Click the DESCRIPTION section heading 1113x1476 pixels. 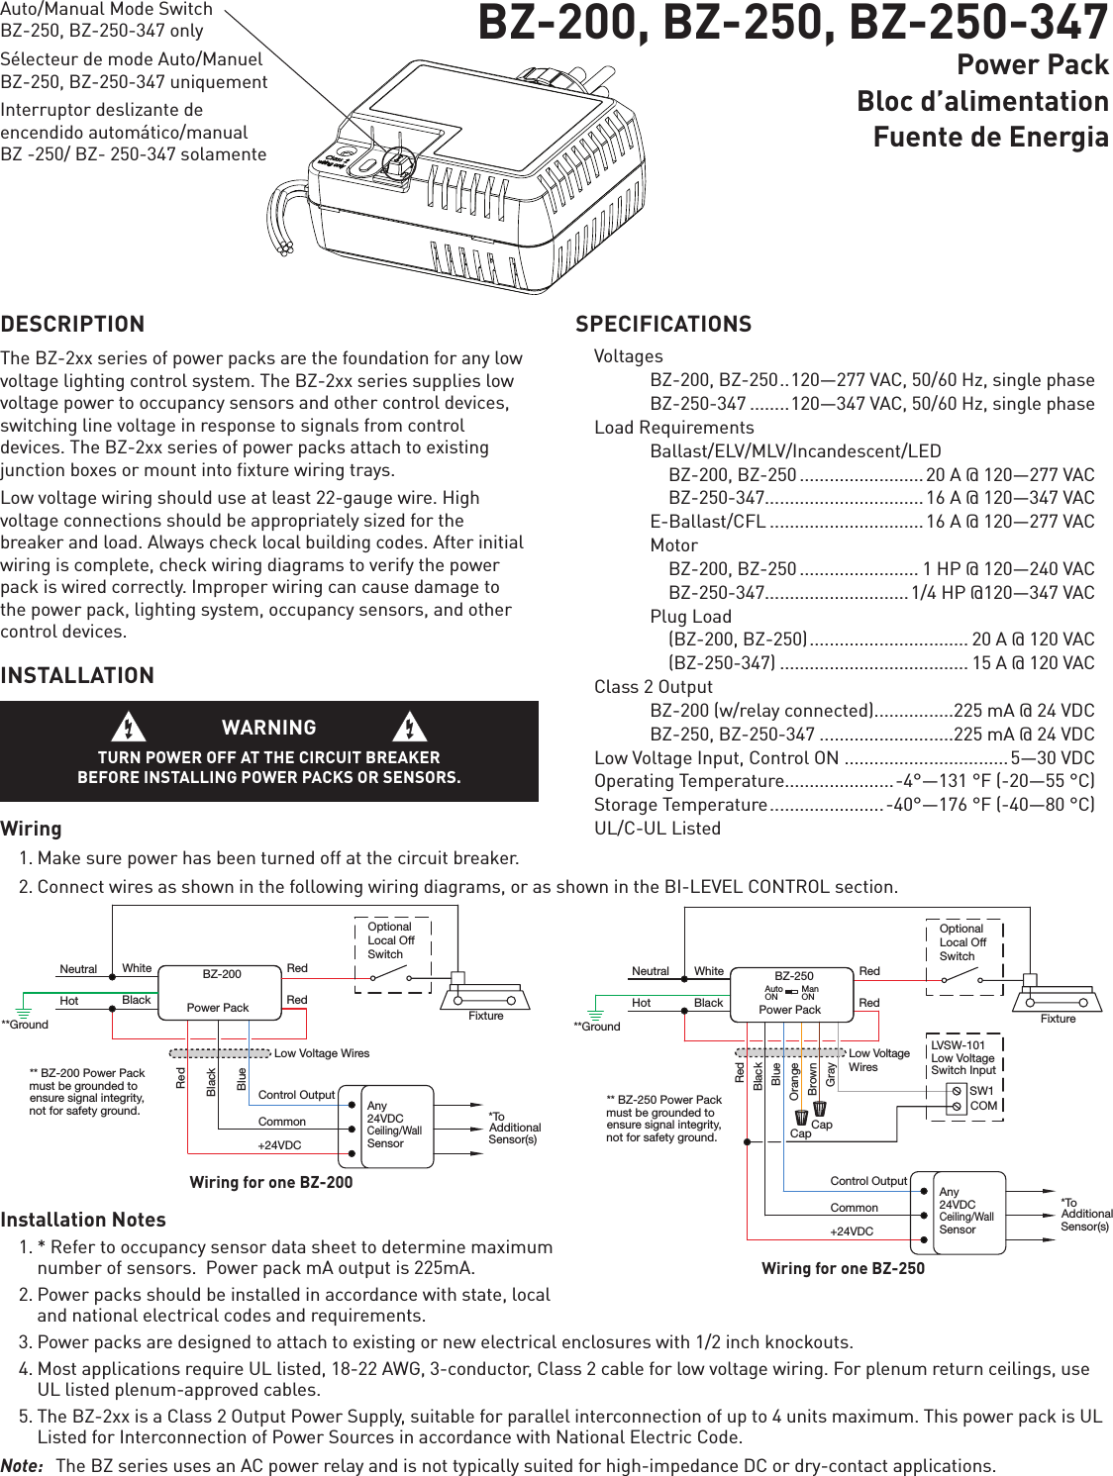[x=72, y=325]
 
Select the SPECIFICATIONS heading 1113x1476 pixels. [x=662, y=325]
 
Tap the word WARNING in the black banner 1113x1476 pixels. [x=268, y=728]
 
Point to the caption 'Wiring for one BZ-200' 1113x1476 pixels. [x=270, y=1182]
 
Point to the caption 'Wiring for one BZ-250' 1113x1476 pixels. [x=843, y=1267]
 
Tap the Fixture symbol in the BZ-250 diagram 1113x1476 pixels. [x=1057, y=997]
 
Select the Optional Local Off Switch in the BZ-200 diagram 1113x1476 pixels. [x=392, y=954]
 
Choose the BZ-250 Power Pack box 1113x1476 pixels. [x=791, y=993]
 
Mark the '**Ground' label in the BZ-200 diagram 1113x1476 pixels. [x=24, y=1025]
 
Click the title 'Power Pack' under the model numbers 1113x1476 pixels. [x=1032, y=65]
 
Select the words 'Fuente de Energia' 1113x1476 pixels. [x=989, y=137]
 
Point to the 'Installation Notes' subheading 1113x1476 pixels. [x=83, y=1220]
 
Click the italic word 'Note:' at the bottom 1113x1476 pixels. [x=22, y=1465]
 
